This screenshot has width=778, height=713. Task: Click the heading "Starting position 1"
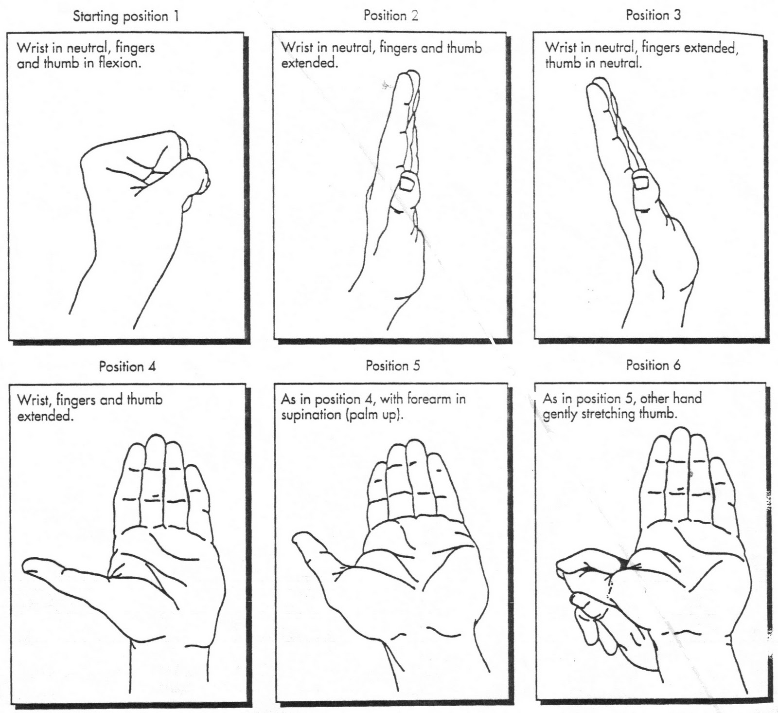pyautogui.click(x=126, y=17)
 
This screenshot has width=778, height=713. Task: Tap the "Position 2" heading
pyautogui.click(x=390, y=16)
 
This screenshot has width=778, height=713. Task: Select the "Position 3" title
pyautogui.click(x=653, y=16)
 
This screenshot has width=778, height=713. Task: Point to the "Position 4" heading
pyautogui.click(x=127, y=366)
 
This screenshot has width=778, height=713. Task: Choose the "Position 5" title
pyautogui.click(x=392, y=366)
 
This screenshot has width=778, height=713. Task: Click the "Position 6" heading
pyautogui.click(x=653, y=365)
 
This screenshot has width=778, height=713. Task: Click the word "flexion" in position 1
pyautogui.click(x=119, y=64)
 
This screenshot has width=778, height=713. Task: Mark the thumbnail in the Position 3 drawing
pyautogui.click(x=640, y=182)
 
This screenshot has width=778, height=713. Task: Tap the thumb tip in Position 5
pyautogui.click(x=299, y=537)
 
